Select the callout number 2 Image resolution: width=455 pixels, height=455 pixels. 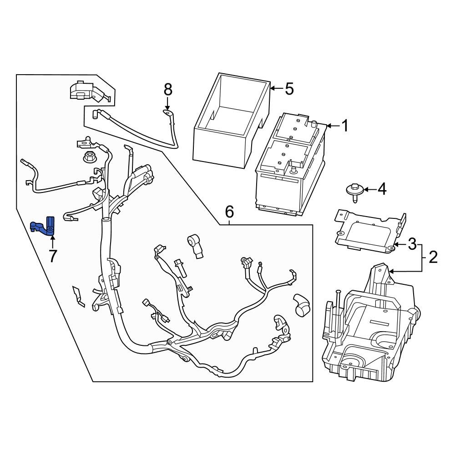433,258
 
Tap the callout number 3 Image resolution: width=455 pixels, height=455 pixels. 412,244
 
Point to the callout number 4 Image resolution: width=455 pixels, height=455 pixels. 381,189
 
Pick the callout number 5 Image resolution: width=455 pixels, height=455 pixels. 289,89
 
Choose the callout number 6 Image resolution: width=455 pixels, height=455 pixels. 229,212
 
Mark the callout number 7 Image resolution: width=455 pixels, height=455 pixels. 53,256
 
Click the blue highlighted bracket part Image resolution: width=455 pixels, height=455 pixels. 44,227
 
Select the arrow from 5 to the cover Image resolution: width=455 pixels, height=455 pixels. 276,89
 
